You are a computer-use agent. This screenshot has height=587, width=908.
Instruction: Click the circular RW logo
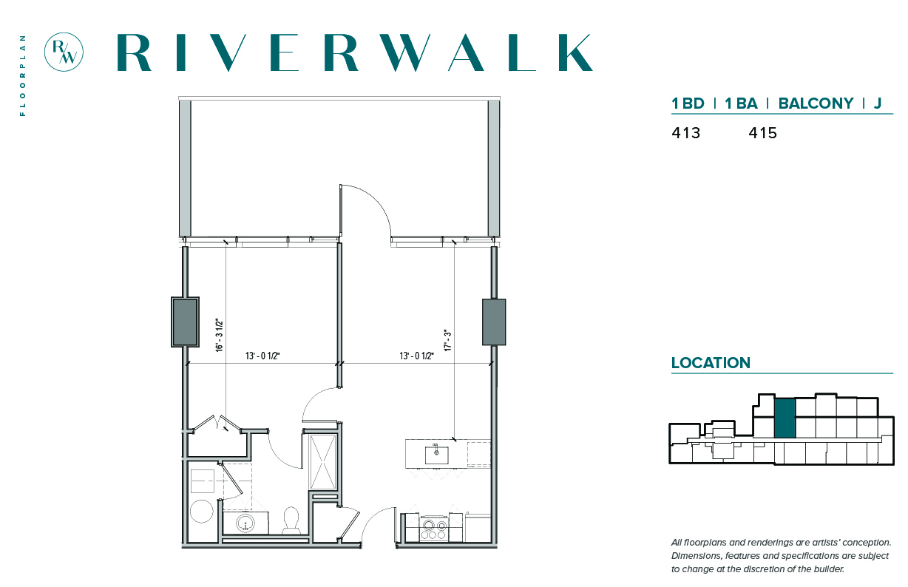tap(64, 52)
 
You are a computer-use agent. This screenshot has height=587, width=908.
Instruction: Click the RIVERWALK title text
tap(355, 52)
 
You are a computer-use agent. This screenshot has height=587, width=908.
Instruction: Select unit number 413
tap(686, 133)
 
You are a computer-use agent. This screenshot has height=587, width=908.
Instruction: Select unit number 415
tap(762, 133)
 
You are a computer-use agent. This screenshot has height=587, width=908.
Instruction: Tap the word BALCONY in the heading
tap(816, 104)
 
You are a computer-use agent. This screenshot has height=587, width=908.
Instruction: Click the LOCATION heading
tap(711, 363)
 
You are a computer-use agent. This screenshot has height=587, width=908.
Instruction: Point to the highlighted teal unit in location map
tap(785, 418)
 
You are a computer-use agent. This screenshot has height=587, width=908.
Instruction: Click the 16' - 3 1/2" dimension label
tap(220, 335)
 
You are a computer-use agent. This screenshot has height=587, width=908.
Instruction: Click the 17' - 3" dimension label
tap(447, 340)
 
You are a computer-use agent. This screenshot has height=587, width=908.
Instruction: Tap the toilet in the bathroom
tap(291, 520)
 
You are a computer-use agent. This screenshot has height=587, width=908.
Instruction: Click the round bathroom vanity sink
tap(245, 523)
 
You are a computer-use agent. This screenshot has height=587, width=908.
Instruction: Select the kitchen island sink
tap(436, 455)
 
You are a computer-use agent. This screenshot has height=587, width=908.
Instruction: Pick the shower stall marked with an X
tap(323, 463)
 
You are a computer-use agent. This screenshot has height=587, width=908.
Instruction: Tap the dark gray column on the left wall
tap(185, 322)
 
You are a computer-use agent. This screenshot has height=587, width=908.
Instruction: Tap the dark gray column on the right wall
tap(494, 322)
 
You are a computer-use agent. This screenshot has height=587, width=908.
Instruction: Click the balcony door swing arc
tap(373, 202)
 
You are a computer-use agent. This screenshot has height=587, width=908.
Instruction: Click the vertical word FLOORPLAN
tap(23, 75)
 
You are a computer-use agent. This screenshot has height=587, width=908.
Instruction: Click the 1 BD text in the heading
tap(688, 104)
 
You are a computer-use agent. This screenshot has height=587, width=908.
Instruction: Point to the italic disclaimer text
tap(781, 556)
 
